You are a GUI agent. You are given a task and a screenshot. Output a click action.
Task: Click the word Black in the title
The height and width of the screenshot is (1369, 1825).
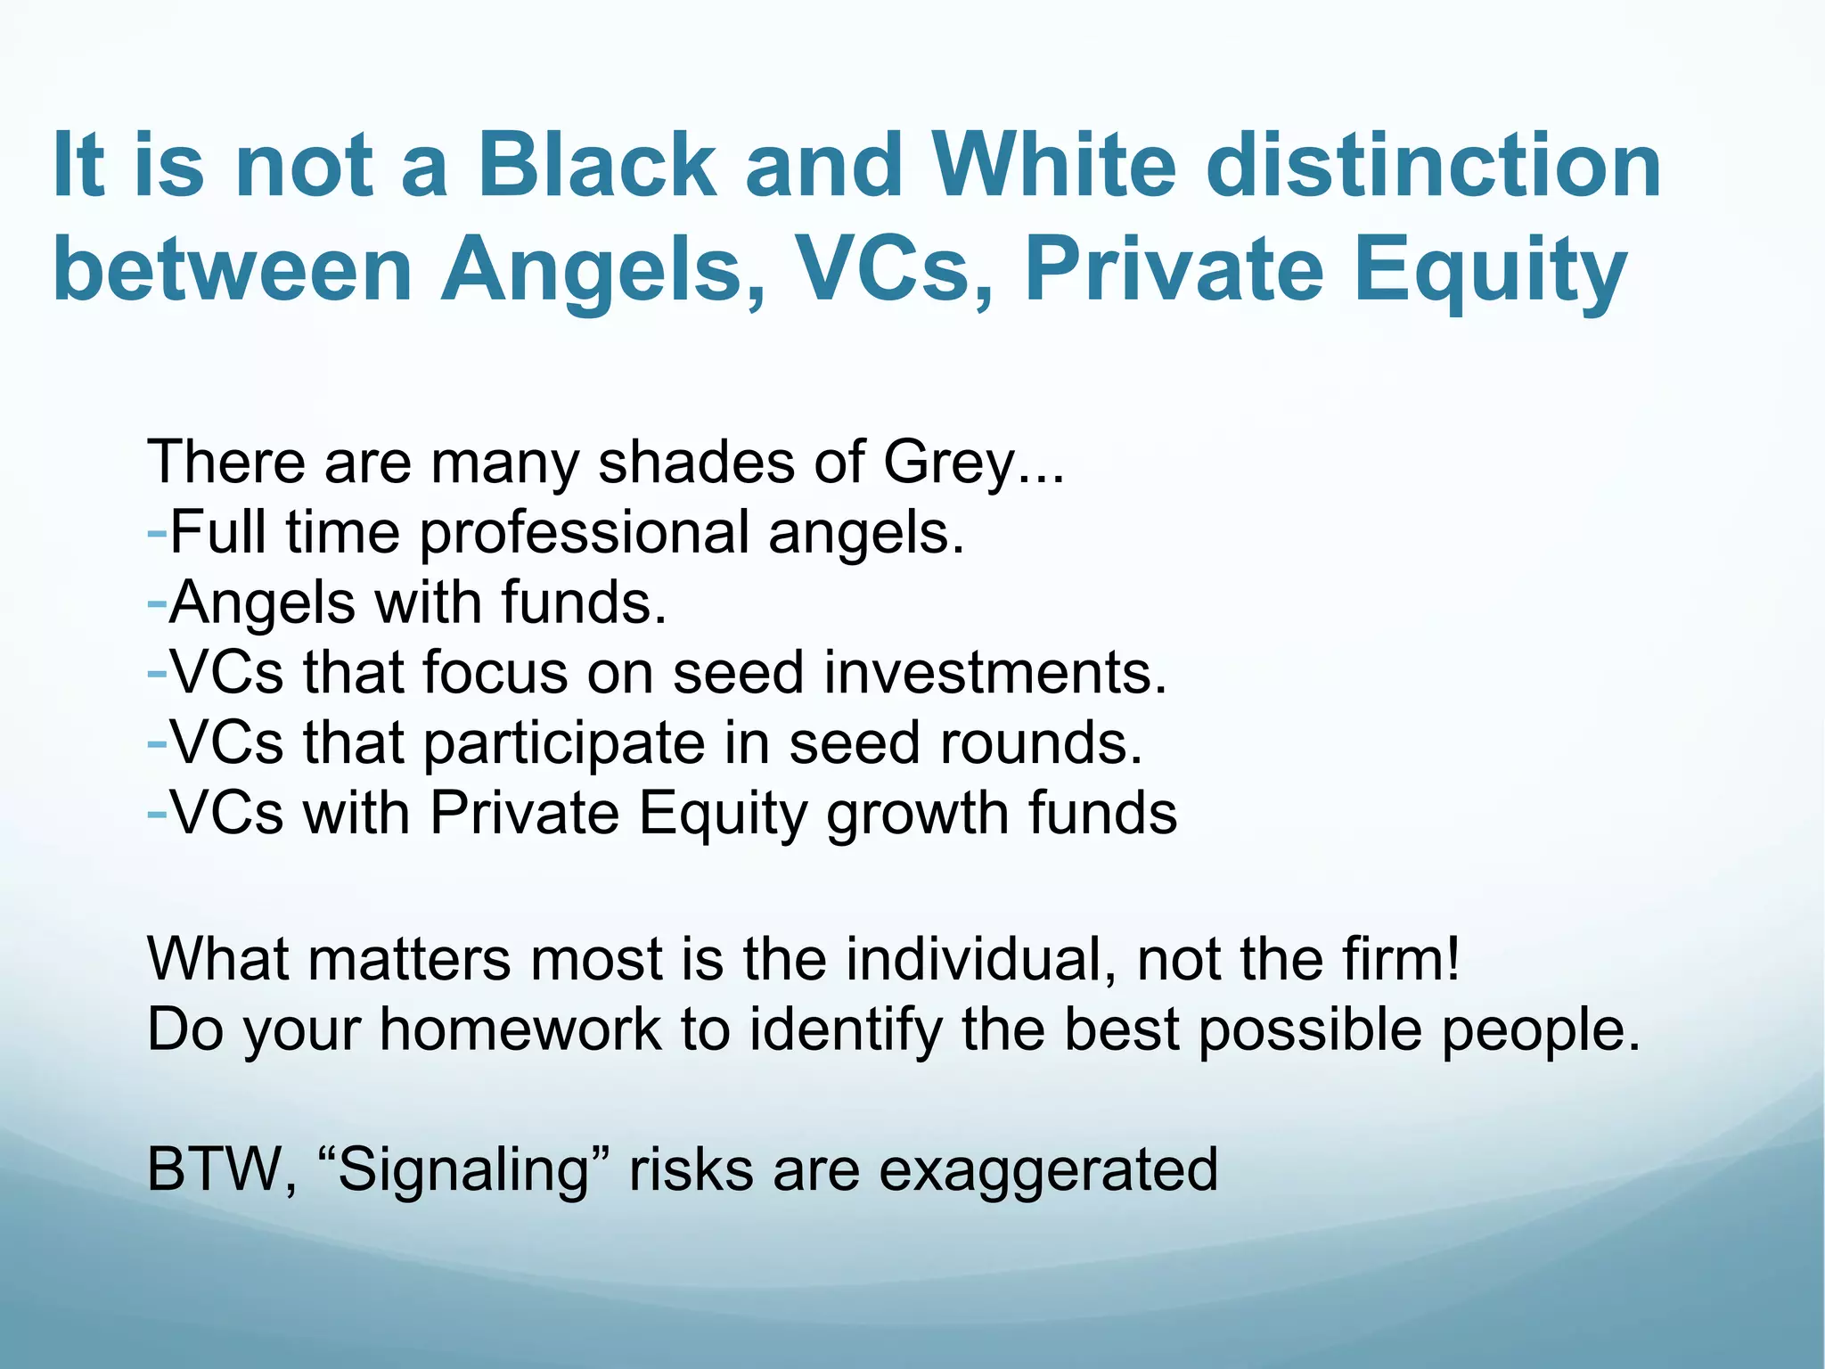pyautogui.click(x=596, y=165)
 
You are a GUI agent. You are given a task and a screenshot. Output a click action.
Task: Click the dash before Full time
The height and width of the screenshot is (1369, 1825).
pyautogui.click(x=157, y=533)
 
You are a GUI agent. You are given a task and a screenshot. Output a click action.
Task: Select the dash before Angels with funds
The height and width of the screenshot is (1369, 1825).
pyautogui.click(x=157, y=603)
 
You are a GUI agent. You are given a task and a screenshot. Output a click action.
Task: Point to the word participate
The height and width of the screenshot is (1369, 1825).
pyautogui.click(x=563, y=744)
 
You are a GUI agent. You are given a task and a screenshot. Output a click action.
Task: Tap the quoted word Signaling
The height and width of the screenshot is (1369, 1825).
pyautogui.click(x=463, y=1170)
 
